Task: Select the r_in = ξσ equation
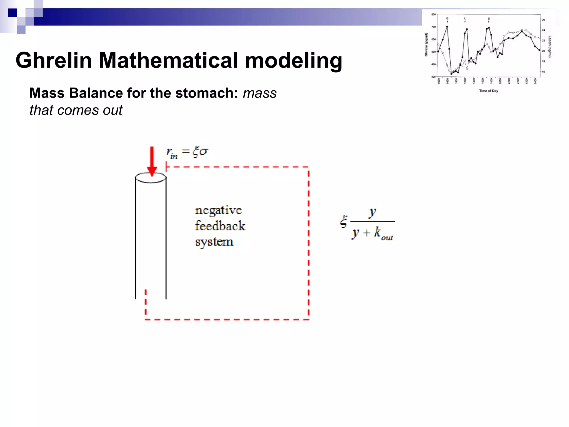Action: point(187,152)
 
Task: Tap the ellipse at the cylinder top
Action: point(151,177)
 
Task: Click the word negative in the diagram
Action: point(218,210)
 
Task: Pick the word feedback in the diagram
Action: point(220,226)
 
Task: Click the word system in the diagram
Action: point(214,242)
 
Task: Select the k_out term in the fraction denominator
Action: point(383,233)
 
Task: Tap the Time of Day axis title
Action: point(488,91)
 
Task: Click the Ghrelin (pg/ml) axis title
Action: point(426,44)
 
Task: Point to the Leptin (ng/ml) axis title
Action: point(550,46)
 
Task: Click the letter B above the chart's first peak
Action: point(447,18)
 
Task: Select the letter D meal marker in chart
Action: point(489,19)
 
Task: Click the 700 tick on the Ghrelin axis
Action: point(433,27)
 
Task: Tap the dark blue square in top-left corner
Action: point(13,13)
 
